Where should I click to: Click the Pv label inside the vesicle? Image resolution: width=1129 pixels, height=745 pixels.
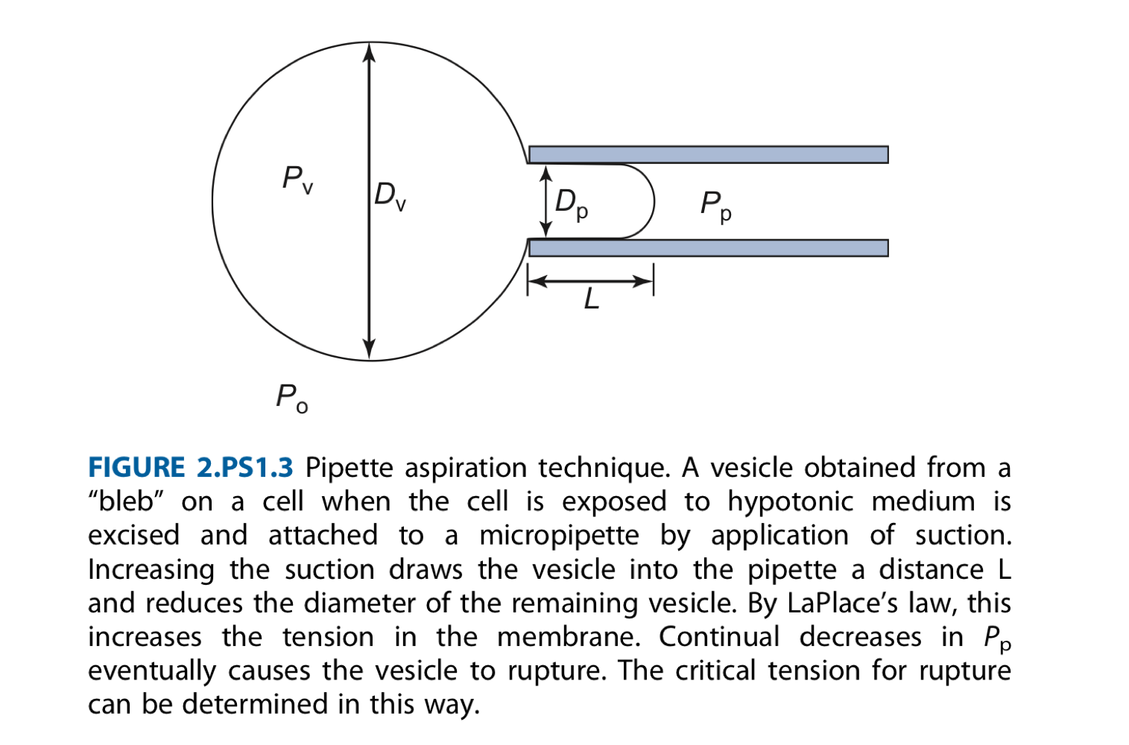pyautogui.click(x=297, y=180)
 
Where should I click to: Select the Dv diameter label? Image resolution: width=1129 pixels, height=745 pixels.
pyautogui.click(x=390, y=195)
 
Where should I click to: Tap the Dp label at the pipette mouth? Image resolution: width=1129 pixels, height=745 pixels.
pyautogui.click(x=572, y=203)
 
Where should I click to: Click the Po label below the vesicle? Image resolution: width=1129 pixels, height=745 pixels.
pyautogui.click(x=291, y=398)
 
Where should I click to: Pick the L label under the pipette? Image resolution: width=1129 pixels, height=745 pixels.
pyautogui.click(x=591, y=299)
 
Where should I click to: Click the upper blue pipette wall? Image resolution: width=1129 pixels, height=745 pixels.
pyautogui.click(x=708, y=154)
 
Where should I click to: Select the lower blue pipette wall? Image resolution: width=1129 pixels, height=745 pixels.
pyautogui.click(x=708, y=248)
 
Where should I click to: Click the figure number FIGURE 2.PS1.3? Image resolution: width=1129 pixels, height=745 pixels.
pyautogui.click(x=191, y=467)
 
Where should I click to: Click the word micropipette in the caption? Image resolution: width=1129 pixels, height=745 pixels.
pyautogui.click(x=559, y=536)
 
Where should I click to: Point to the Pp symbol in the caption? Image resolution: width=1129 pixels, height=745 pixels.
pyautogui.click(x=997, y=638)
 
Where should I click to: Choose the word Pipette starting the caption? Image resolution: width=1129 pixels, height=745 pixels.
pyautogui.click(x=349, y=468)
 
